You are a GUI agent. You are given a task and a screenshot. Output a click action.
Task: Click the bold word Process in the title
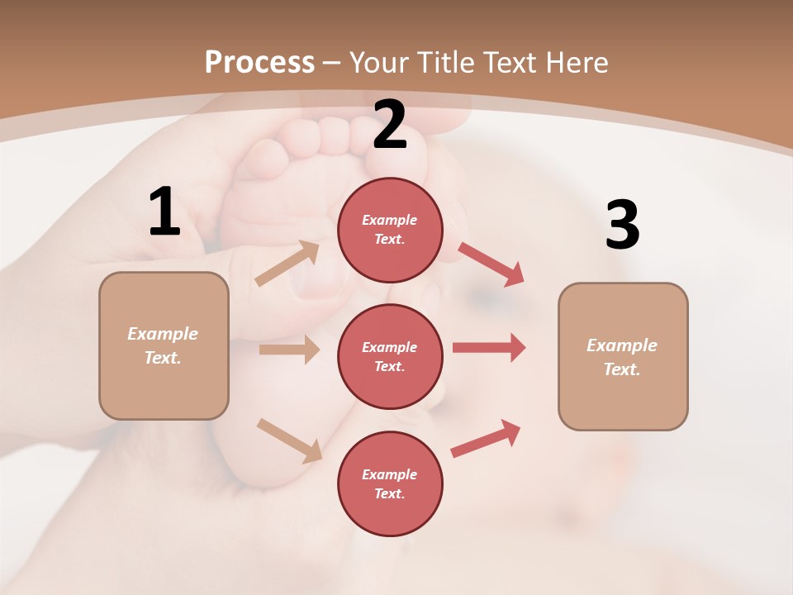pyautogui.click(x=259, y=63)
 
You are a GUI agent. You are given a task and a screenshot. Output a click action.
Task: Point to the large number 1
pyautogui.click(x=164, y=212)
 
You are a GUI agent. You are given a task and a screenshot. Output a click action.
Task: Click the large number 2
pyautogui.click(x=390, y=125)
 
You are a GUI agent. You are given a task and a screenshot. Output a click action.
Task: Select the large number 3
pyautogui.click(x=622, y=226)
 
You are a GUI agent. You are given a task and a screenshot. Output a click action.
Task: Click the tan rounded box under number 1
pyautogui.click(x=164, y=345)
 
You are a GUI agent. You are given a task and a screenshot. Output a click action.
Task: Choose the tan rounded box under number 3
pyautogui.click(x=623, y=357)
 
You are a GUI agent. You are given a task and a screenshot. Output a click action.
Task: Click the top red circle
pyautogui.click(x=390, y=230)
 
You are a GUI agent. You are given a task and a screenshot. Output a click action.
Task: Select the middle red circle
pyautogui.click(x=390, y=356)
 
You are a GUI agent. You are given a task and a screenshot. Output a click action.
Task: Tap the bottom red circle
pyautogui.click(x=390, y=483)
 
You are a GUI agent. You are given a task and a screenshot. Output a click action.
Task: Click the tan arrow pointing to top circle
pyautogui.click(x=287, y=263)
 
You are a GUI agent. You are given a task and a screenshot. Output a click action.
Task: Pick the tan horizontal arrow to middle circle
pyautogui.click(x=289, y=350)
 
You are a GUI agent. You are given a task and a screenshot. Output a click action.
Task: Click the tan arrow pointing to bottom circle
pyautogui.click(x=289, y=440)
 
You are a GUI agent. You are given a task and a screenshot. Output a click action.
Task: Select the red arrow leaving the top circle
pyautogui.click(x=491, y=264)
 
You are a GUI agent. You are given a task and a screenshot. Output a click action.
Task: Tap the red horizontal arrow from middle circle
pyautogui.click(x=489, y=348)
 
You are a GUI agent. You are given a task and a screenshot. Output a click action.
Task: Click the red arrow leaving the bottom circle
pyautogui.click(x=487, y=438)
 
